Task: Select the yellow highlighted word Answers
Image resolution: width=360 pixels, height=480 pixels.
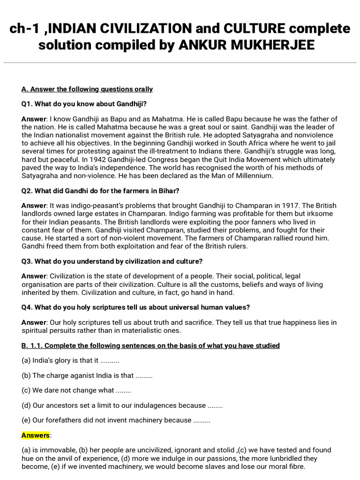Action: click(x=36, y=435)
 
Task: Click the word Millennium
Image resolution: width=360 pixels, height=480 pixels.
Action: click(x=249, y=176)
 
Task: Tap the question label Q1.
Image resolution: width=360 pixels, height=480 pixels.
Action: click(x=28, y=104)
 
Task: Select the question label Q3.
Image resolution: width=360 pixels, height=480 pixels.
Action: click(x=28, y=261)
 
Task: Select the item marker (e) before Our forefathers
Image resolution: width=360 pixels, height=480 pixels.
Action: click(x=26, y=420)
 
